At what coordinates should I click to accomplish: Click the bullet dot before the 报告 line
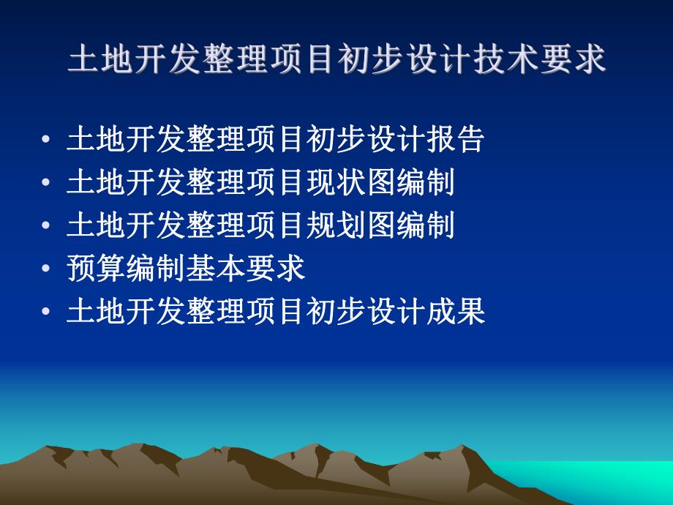pyautogui.click(x=47, y=140)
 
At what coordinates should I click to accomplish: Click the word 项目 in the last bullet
pyautogui.click(x=275, y=313)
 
